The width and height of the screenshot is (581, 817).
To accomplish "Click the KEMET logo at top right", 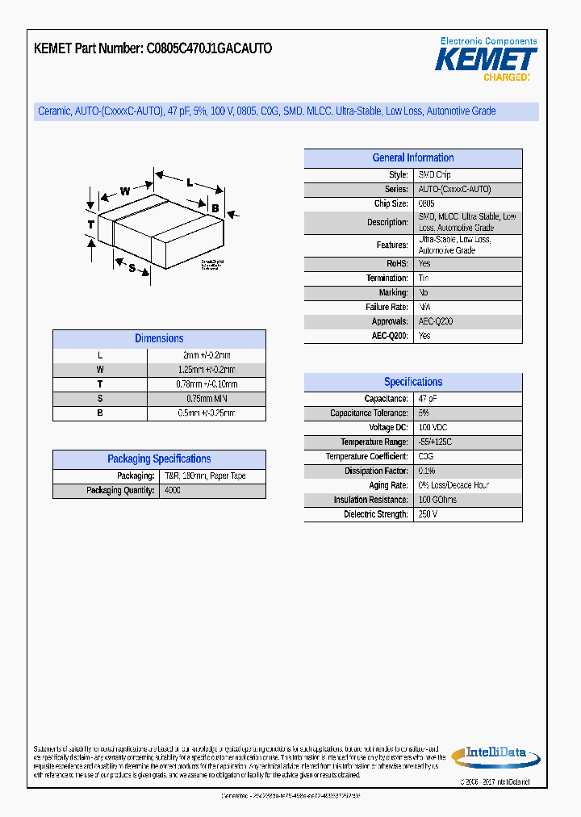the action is [486, 59].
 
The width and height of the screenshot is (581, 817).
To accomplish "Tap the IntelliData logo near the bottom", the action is [495, 756].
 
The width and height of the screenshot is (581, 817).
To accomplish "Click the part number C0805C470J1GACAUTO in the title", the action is [209, 48].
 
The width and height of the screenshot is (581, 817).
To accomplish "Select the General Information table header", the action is [412, 158].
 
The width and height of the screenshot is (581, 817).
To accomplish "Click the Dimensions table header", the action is [159, 339].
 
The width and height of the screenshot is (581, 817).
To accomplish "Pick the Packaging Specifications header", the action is [159, 459].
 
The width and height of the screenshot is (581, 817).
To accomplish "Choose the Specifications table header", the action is [412, 382].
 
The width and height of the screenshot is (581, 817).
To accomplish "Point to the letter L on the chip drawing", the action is [189, 182].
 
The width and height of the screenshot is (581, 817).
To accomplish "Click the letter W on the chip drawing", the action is [125, 191].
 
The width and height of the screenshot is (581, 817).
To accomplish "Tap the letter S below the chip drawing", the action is [132, 268].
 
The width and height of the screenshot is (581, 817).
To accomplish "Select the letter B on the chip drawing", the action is [215, 208].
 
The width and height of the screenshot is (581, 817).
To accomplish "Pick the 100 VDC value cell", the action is [433, 428].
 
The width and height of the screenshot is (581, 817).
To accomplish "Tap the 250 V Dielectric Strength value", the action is [428, 514].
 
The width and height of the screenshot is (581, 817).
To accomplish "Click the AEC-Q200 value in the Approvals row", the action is [436, 321].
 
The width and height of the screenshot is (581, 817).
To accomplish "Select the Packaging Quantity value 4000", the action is [173, 490].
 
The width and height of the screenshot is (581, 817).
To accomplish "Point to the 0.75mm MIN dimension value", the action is [207, 399].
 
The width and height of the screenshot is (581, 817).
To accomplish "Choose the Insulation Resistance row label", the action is [370, 500].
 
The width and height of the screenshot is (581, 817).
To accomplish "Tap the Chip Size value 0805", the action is [426, 204].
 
